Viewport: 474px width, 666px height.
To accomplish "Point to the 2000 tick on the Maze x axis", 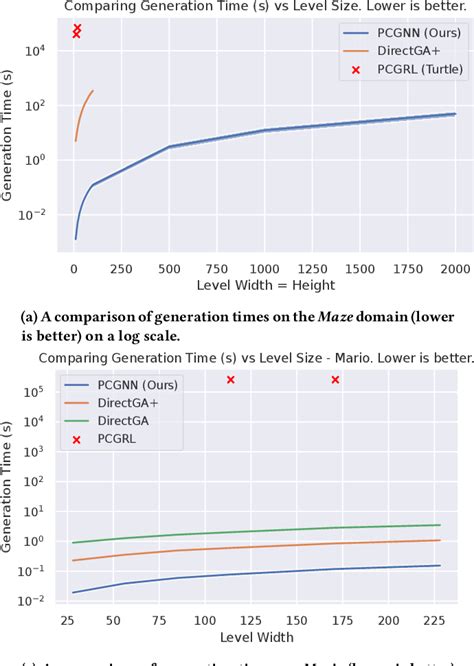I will pos(455,270).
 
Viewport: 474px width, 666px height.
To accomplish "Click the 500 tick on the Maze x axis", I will pos(168,270).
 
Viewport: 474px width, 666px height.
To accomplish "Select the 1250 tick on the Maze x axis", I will pos(312,270).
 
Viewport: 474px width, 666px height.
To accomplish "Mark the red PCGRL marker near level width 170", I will pos(335,380).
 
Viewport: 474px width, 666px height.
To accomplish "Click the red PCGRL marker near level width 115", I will pos(230,380).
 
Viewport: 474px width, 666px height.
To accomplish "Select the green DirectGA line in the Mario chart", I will pos(300,529).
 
